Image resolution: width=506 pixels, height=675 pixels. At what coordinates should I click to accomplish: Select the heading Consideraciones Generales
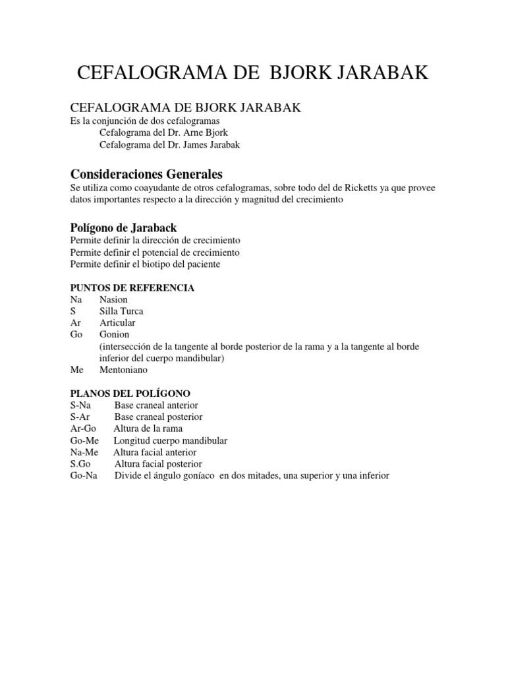[146, 175]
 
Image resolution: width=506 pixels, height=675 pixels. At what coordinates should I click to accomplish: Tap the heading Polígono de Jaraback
[123, 228]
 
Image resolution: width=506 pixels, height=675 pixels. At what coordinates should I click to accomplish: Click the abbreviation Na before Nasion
[76, 299]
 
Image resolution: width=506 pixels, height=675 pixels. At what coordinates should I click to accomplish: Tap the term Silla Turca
[121, 310]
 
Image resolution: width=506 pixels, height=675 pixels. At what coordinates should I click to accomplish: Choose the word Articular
[117, 322]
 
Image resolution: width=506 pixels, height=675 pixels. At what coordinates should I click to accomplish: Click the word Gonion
[115, 334]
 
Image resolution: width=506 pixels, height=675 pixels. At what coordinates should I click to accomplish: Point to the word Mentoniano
[124, 370]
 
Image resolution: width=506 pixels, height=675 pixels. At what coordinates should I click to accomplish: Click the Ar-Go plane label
[83, 429]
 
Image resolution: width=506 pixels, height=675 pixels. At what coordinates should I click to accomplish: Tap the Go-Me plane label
[84, 440]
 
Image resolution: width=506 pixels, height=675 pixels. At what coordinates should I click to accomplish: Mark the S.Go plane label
[80, 464]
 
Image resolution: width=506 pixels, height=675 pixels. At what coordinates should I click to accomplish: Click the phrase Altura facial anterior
[155, 452]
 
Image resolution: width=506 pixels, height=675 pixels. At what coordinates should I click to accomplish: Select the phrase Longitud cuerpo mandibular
[171, 440]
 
